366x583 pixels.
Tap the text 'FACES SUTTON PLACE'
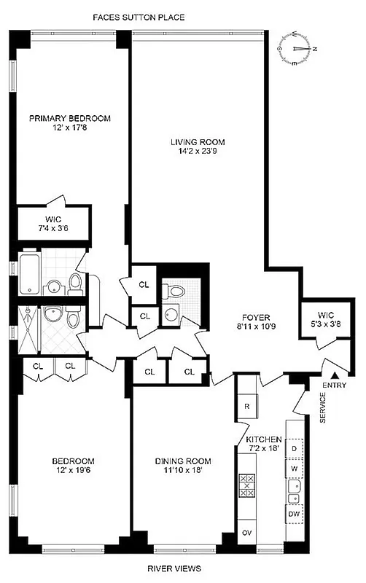(148, 16)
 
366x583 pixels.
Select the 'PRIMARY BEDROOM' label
(69, 117)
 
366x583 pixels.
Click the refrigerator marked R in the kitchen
(248, 407)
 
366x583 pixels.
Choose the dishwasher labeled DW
(295, 514)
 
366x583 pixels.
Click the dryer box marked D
(295, 447)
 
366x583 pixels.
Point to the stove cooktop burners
(246, 486)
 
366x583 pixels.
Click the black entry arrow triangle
(336, 374)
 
